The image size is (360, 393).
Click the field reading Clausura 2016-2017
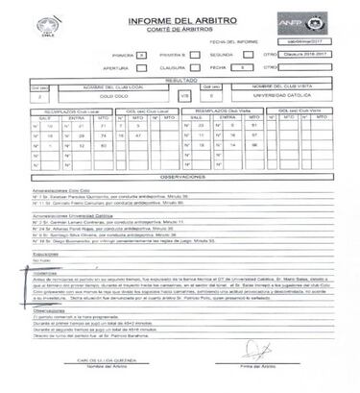click(x=308, y=57)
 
